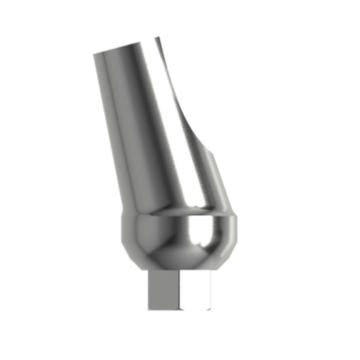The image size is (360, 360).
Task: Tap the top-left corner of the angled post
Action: click(94, 53)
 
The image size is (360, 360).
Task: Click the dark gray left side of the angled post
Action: click(115, 130)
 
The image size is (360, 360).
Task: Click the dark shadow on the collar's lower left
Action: click(140, 256)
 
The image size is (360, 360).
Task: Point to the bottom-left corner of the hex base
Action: click(148, 310)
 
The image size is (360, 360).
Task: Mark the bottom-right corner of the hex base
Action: click(211, 310)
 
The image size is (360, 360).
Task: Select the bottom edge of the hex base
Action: click(179, 310)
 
